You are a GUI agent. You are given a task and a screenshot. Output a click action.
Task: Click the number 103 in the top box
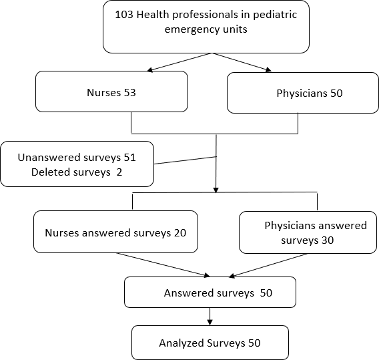tap(124, 15)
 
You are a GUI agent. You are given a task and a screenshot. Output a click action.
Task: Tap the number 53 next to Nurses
tap(129, 93)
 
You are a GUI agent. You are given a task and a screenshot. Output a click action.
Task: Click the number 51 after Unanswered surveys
tap(129, 158)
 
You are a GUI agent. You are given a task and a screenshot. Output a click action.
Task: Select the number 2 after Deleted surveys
tap(119, 172)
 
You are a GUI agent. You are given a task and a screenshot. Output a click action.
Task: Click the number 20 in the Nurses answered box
tap(180, 233)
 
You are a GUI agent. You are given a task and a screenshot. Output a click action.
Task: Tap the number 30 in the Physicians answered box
tap(328, 240)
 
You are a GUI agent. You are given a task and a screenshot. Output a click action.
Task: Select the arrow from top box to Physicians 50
tap(242, 62)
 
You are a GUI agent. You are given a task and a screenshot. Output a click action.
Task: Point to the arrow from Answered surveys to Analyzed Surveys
tap(210, 317)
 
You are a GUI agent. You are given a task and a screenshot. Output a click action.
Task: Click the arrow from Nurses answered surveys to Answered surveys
tap(163, 264)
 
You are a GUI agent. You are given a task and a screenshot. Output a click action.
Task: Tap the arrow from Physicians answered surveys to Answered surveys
tap(268, 265)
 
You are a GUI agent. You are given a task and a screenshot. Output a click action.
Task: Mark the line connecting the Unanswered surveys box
tap(185, 160)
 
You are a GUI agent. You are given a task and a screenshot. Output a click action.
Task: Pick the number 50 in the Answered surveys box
tap(266, 293)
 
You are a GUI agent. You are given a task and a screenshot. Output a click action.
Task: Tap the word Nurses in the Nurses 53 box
tap(103, 93)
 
